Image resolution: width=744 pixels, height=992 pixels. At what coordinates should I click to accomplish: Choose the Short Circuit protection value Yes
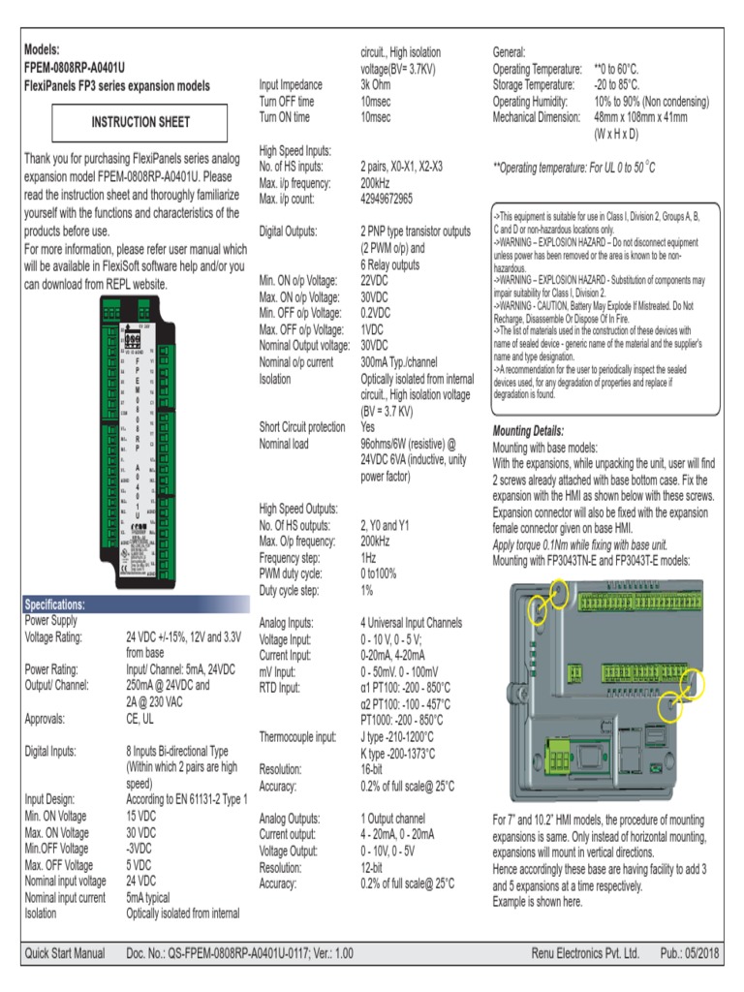coord(368,427)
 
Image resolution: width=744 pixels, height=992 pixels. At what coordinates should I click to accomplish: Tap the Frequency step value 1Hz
coord(368,559)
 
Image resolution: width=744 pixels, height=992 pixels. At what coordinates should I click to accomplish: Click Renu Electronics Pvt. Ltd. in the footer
coord(584,954)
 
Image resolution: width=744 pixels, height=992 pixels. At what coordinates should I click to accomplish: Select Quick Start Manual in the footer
coord(65,954)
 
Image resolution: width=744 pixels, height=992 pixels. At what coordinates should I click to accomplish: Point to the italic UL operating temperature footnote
coord(573,168)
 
